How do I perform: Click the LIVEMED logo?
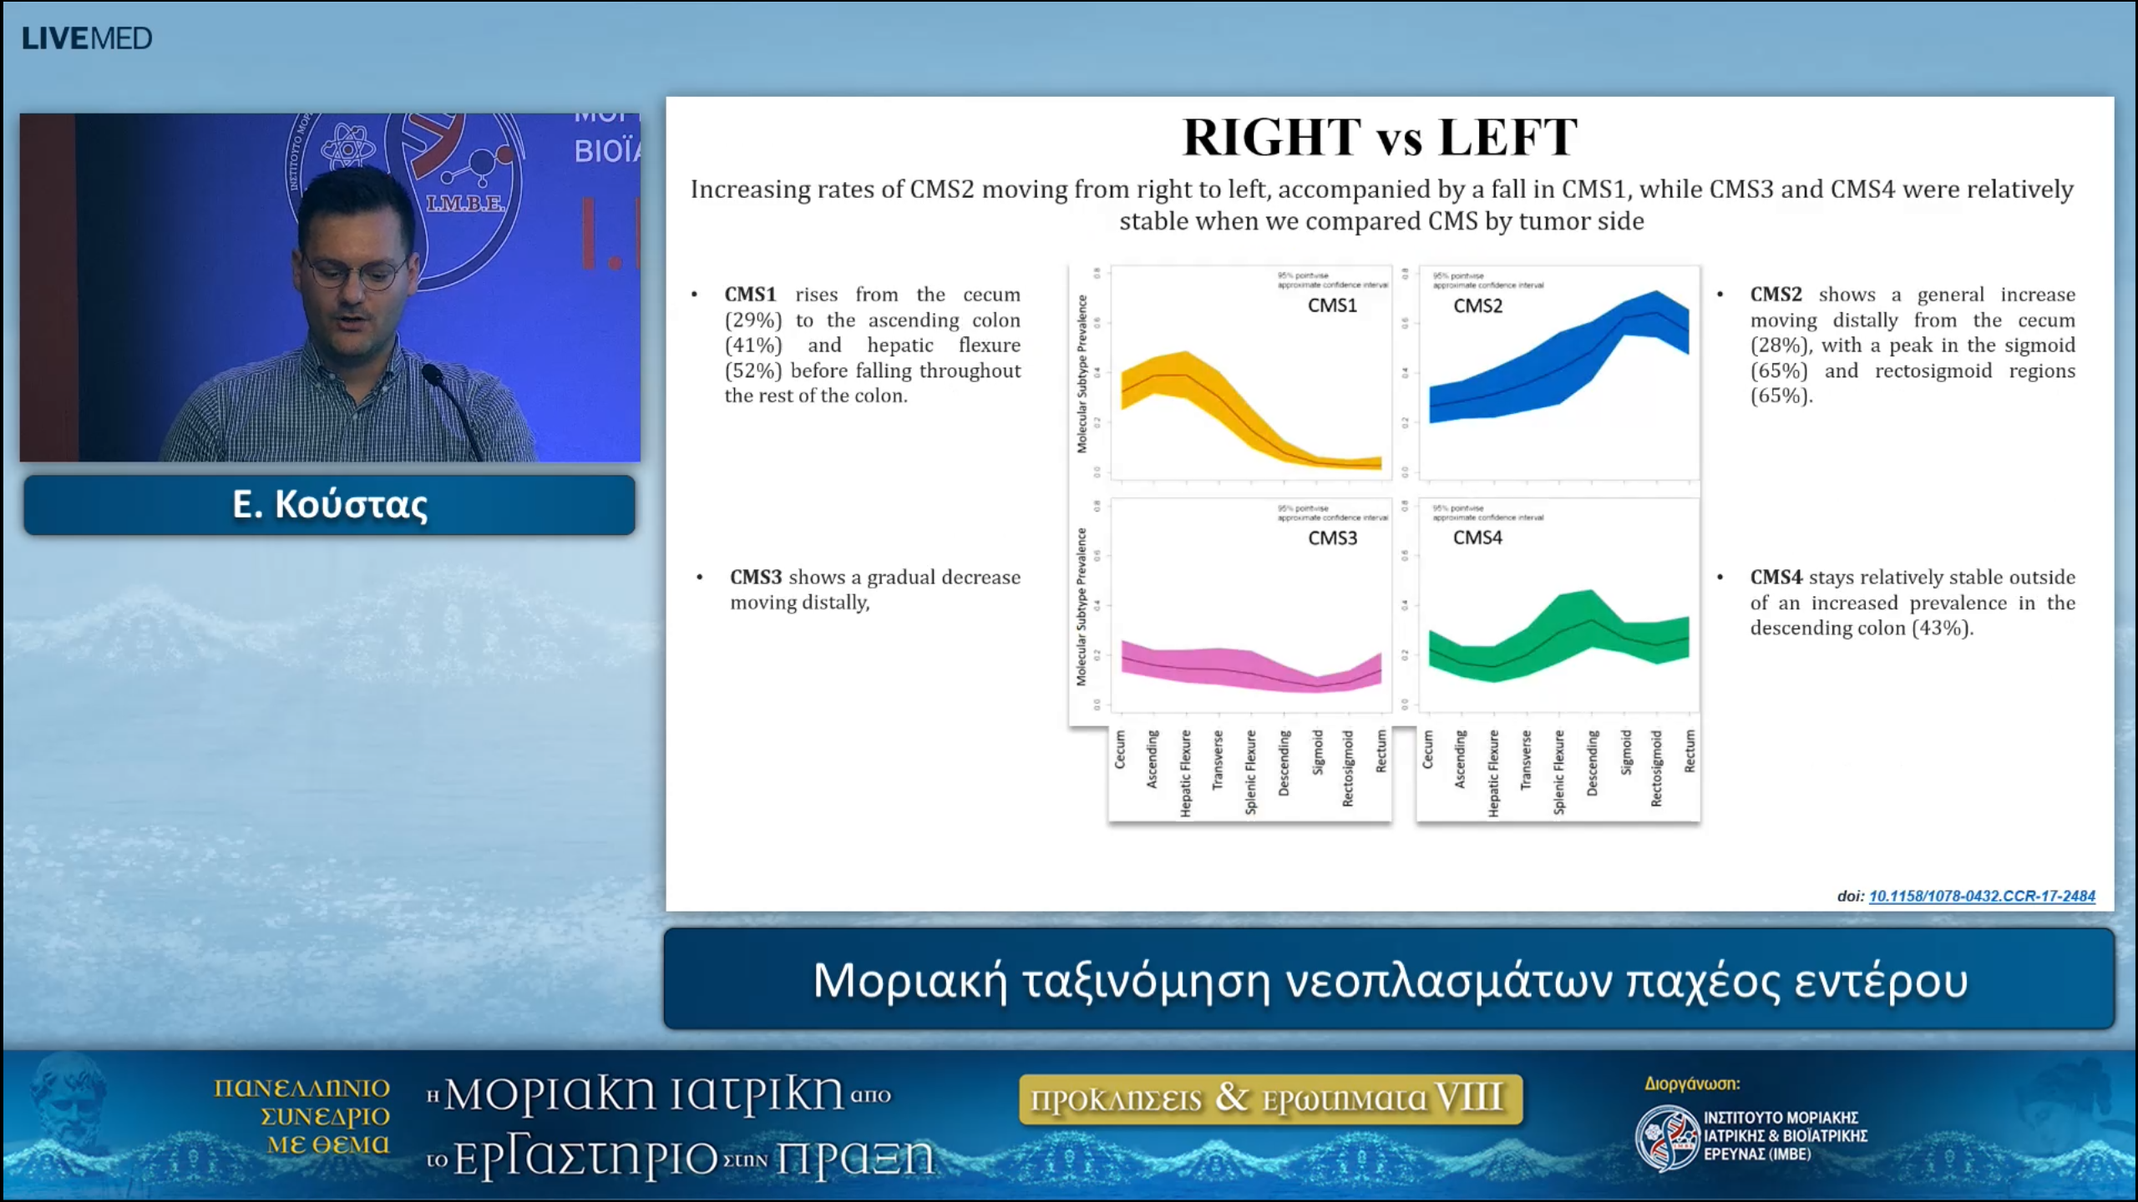click(x=87, y=38)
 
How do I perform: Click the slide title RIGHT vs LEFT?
click(x=1380, y=138)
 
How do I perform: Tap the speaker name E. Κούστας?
click(x=329, y=504)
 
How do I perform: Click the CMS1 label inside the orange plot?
click(x=1332, y=306)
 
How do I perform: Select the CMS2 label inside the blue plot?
click(x=1477, y=306)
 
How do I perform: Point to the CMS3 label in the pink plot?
click(x=1332, y=538)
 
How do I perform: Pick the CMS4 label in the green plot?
click(x=1477, y=538)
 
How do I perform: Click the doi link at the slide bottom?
click(x=1981, y=896)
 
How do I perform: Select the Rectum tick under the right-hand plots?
click(x=1690, y=750)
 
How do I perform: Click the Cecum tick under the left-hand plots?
click(x=1120, y=749)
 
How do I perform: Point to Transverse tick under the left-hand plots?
click(x=1218, y=760)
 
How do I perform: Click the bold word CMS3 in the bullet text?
click(x=755, y=577)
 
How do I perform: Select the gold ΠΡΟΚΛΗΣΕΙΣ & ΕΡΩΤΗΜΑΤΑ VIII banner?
click(x=1270, y=1098)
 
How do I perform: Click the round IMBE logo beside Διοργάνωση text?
click(x=1666, y=1137)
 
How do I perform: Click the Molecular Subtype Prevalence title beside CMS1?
click(x=1082, y=373)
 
